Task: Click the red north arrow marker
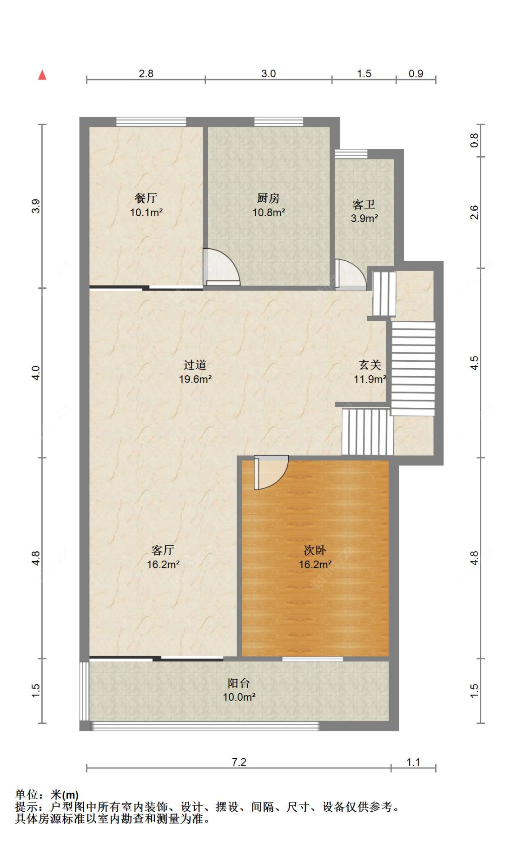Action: click(42, 75)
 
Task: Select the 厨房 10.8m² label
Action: click(268, 205)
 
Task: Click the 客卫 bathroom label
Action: click(364, 211)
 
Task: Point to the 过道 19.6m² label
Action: click(195, 372)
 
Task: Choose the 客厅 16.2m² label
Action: click(163, 557)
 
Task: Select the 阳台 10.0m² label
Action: click(239, 690)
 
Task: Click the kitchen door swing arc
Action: click(223, 267)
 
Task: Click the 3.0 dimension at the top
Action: click(268, 73)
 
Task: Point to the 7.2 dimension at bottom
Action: click(238, 762)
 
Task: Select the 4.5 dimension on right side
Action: click(474, 363)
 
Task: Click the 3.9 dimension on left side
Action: click(36, 206)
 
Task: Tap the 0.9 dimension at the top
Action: click(416, 73)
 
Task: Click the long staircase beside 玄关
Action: click(413, 368)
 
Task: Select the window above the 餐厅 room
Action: click(151, 122)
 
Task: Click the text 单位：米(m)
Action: click(47, 795)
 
